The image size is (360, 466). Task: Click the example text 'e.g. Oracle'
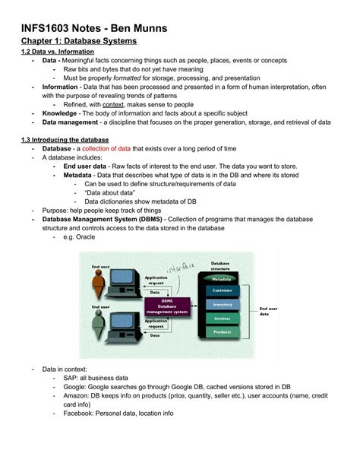tap(80, 238)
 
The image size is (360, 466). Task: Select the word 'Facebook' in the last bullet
tap(80, 414)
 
